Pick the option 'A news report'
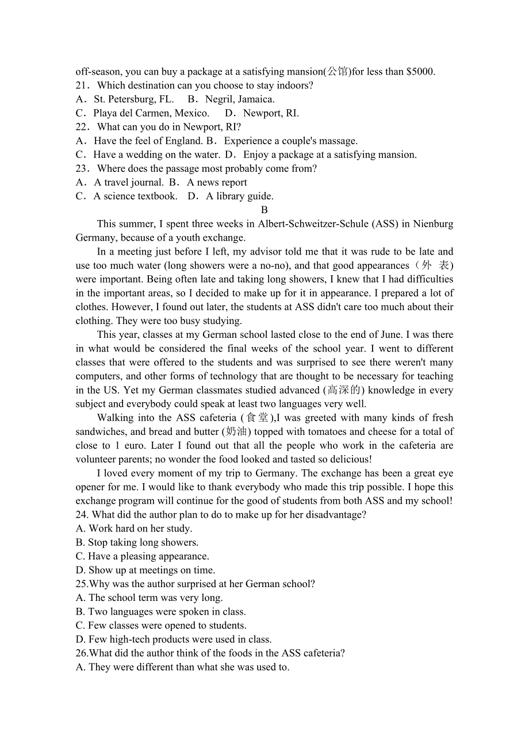point(216,183)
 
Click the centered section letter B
point(264,210)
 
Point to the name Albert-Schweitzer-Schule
point(314,224)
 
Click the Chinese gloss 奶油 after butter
point(237,432)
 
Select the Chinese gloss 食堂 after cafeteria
point(257,418)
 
